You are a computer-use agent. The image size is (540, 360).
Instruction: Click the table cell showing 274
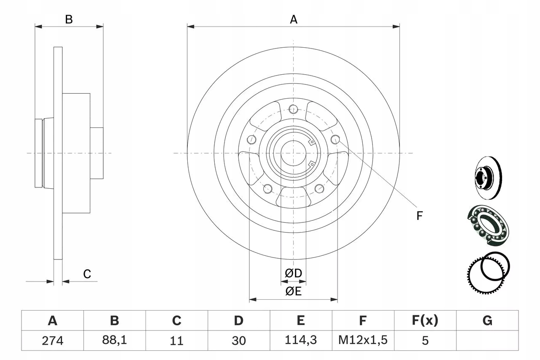(53, 340)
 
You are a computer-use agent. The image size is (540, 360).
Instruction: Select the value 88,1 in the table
(114, 340)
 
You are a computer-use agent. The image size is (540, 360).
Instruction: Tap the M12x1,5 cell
(363, 340)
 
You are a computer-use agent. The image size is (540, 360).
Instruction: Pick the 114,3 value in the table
(301, 340)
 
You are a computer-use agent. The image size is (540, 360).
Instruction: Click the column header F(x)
(425, 321)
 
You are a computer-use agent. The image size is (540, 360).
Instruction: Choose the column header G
(487, 321)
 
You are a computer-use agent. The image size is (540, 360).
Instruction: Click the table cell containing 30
(238, 340)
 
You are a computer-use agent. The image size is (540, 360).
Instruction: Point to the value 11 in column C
(176, 340)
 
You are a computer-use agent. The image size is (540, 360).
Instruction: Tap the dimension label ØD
(294, 273)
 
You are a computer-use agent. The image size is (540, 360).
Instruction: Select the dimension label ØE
(294, 291)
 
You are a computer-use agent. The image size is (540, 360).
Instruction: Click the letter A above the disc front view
(294, 19)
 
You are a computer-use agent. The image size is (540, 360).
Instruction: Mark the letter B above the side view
(69, 19)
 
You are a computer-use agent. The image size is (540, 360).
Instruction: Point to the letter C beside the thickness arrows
(87, 274)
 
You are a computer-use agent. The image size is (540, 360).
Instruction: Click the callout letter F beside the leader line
(419, 216)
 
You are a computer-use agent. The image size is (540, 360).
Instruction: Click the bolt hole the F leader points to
(335, 139)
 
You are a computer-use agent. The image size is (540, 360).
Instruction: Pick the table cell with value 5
(425, 340)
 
